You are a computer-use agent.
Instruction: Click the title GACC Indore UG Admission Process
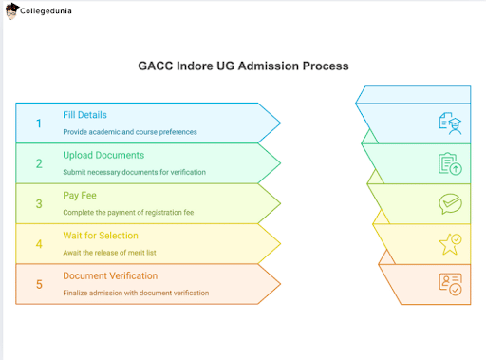[x=243, y=66]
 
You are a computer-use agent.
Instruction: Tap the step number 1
[x=39, y=123]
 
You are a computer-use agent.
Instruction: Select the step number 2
[x=39, y=163]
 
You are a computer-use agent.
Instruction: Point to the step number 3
[x=39, y=203]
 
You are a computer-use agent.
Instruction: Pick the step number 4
[x=39, y=243]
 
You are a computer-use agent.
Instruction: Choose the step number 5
[x=39, y=283]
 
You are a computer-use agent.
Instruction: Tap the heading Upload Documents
[x=103, y=156]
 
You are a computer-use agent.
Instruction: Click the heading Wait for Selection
[x=101, y=236]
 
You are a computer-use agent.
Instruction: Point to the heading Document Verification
[x=109, y=275]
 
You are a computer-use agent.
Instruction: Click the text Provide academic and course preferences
[x=129, y=131]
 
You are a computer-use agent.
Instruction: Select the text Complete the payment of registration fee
[x=128, y=211]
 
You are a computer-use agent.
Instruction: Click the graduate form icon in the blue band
[x=450, y=123]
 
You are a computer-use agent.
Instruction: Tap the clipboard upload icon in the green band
[x=450, y=163]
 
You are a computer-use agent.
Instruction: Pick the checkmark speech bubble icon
[x=450, y=203]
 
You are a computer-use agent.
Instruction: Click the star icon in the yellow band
[x=450, y=243]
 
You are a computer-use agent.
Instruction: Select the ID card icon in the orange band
[x=450, y=283]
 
